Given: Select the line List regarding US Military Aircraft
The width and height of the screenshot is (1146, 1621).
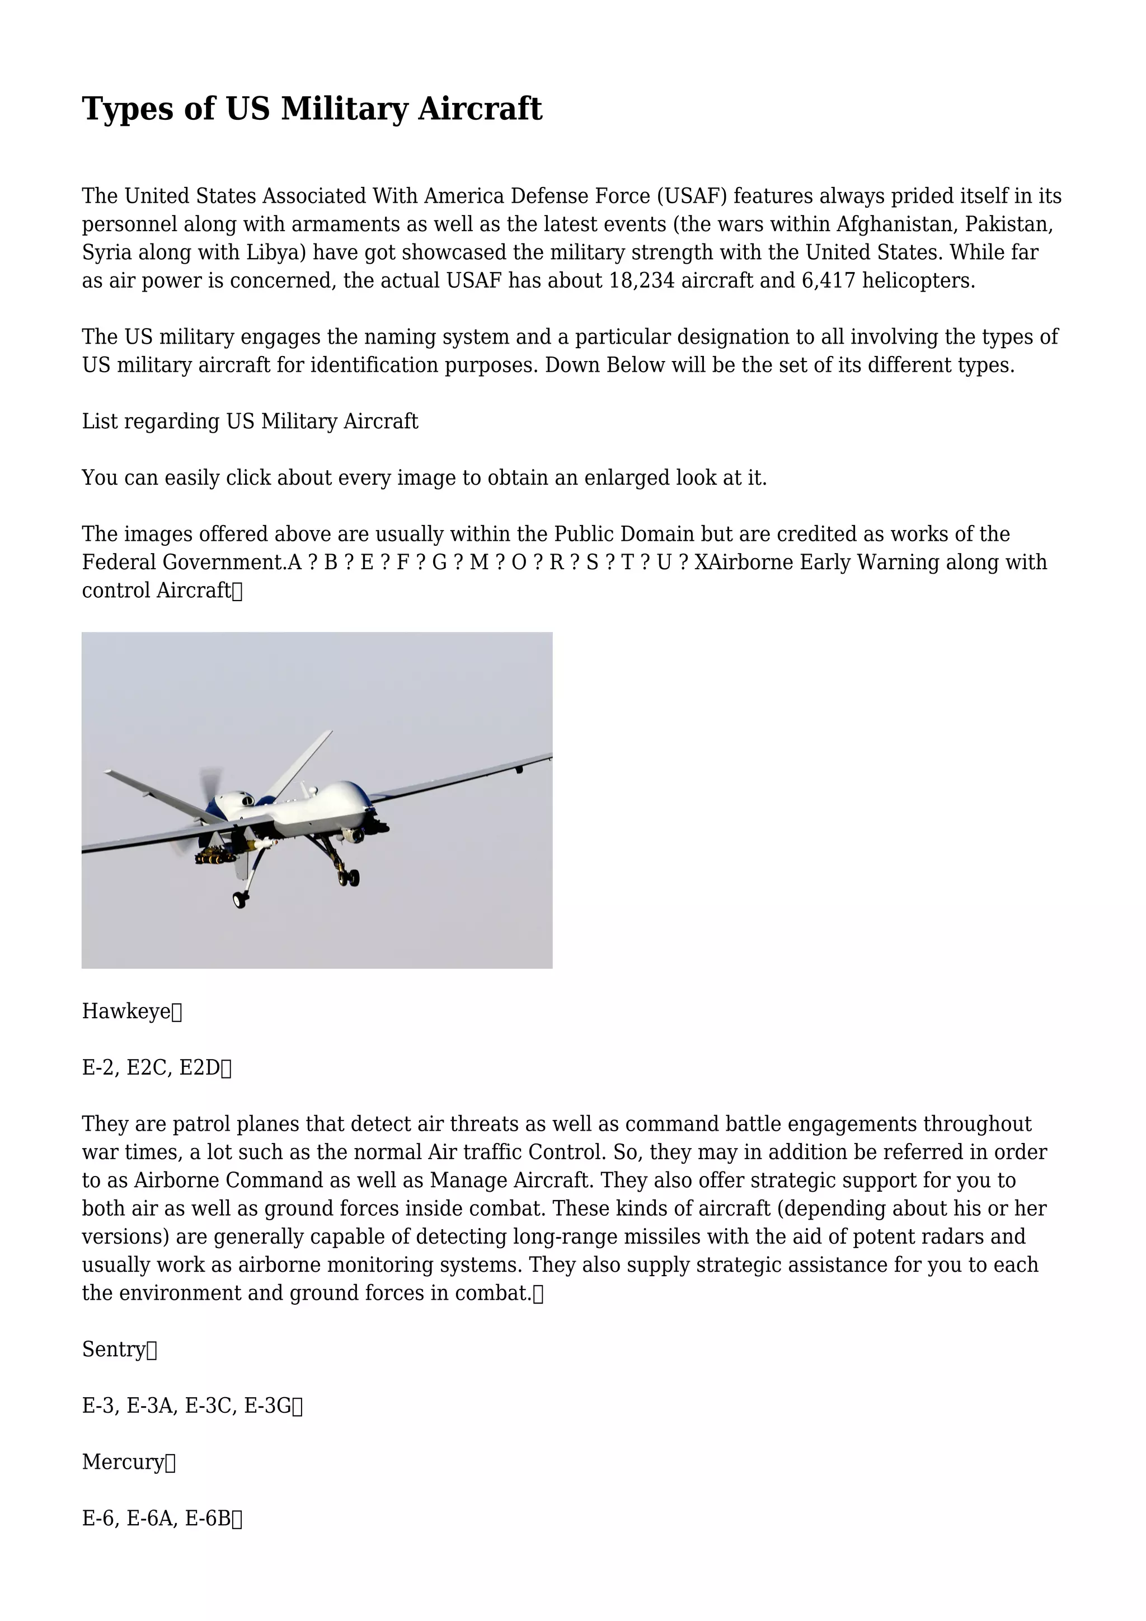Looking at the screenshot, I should tap(250, 421).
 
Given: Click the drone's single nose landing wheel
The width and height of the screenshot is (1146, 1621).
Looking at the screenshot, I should tap(240, 899).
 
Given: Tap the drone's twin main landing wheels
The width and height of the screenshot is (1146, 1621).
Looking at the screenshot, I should tap(349, 878).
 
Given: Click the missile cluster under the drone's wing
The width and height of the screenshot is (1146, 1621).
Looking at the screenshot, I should tap(215, 857).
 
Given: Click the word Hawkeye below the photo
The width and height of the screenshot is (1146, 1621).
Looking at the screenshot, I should tap(126, 1011).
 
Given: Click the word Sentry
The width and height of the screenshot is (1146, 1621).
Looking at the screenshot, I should tap(114, 1349).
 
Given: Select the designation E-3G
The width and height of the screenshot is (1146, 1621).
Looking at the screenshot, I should tap(267, 1406).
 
